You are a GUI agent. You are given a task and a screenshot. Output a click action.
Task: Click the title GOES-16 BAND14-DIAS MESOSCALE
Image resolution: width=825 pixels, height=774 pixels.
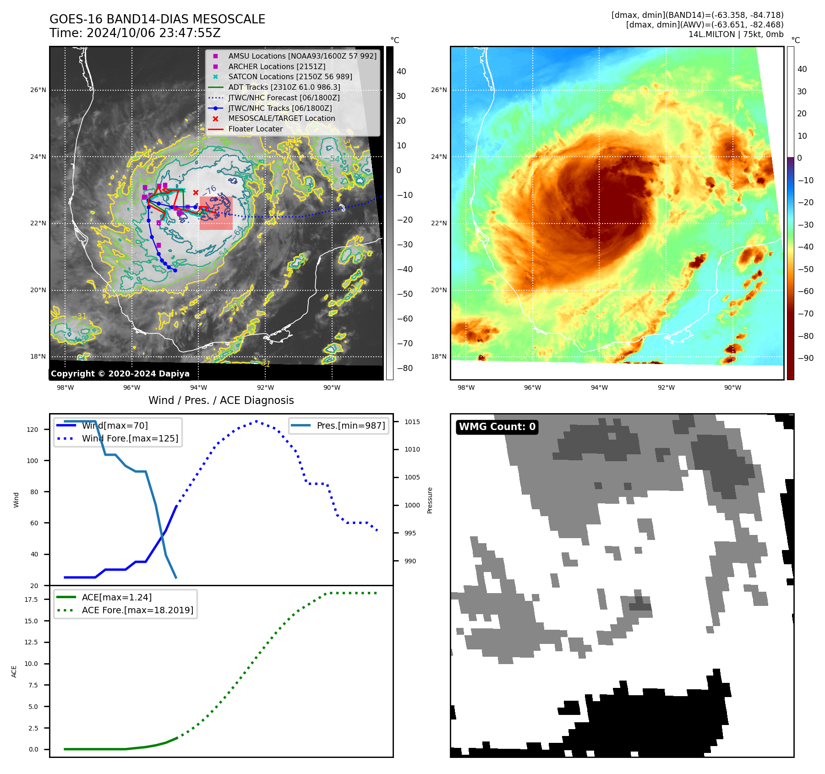click(157, 19)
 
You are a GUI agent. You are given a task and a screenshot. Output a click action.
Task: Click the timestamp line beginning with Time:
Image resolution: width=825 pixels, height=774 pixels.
click(135, 33)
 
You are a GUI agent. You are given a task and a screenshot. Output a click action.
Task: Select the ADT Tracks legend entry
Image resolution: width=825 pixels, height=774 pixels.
click(284, 87)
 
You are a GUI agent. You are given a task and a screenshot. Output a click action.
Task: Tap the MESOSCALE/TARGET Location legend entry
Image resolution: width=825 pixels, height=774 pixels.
click(281, 118)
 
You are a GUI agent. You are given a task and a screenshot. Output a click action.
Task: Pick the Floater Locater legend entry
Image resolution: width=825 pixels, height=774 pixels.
click(255, 129)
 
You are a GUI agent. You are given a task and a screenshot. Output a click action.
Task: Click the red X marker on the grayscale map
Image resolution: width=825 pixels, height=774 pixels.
click(196, 192)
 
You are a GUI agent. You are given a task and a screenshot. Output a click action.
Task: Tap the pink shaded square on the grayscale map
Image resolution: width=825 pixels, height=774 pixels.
click(216, 213)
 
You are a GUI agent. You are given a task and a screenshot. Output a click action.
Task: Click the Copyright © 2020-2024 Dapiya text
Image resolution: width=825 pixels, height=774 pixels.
click(120, 373)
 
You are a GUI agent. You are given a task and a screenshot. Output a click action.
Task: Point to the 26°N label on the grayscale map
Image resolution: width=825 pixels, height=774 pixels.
click(38, 90)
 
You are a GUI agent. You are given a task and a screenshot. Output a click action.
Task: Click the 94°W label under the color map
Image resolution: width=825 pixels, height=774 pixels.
click(599, 387)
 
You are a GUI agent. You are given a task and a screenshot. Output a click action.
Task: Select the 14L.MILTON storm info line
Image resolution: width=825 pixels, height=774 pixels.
click(736, 34)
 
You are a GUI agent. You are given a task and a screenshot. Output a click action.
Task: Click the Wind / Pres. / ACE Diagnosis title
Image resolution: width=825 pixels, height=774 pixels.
click(221, 400)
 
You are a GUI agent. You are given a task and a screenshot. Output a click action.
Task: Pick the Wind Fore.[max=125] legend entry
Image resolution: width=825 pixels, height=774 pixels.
click(130, 438)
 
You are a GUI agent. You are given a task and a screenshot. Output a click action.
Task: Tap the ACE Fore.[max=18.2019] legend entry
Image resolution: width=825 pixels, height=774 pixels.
click(137, 610)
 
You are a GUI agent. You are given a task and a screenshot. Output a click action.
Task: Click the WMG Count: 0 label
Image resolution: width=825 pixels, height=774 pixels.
click(497, 427)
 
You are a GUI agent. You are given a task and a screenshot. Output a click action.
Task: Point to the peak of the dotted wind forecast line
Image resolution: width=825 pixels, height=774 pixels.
click(256, 421)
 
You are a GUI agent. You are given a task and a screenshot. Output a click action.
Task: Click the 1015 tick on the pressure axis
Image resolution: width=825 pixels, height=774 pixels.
click(412, 422)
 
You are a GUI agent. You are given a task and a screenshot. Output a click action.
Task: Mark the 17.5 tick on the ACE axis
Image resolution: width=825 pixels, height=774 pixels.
click(32, 599)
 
